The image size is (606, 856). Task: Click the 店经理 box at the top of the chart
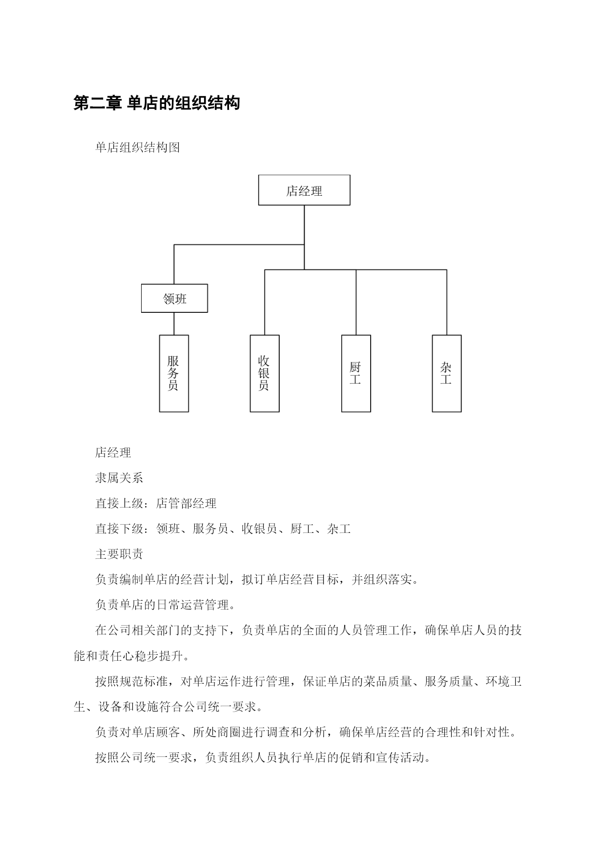point(304,190)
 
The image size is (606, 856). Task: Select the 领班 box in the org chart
point(174,298)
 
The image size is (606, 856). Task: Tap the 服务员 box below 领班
point(174,373)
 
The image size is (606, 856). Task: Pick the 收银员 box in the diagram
point(265,373)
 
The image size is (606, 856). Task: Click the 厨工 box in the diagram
point(356,373)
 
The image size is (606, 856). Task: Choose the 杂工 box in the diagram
point(447,373)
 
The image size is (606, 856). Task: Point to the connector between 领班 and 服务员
point(174,324)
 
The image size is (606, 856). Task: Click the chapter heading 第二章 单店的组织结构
point(157,103)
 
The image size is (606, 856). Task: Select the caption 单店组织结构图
point(138,147)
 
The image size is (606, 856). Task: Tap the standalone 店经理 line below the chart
point(113,452)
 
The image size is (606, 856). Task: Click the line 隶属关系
point(119,478)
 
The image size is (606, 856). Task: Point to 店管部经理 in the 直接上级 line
point(187,503)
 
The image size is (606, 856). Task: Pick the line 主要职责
point(119,554)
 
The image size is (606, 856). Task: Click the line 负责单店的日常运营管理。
point(166,605)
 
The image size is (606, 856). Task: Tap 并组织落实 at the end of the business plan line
point(382,579)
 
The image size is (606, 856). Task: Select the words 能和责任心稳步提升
point(128,655)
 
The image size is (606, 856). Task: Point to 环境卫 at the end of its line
point(503,681)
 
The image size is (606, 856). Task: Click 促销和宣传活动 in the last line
point(382,757)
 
